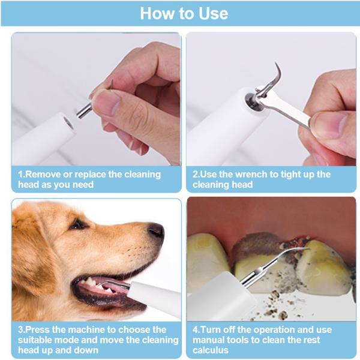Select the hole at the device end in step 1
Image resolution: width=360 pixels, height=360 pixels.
tap(67, 124)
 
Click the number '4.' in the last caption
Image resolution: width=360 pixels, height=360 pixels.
tap(196, 329)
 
